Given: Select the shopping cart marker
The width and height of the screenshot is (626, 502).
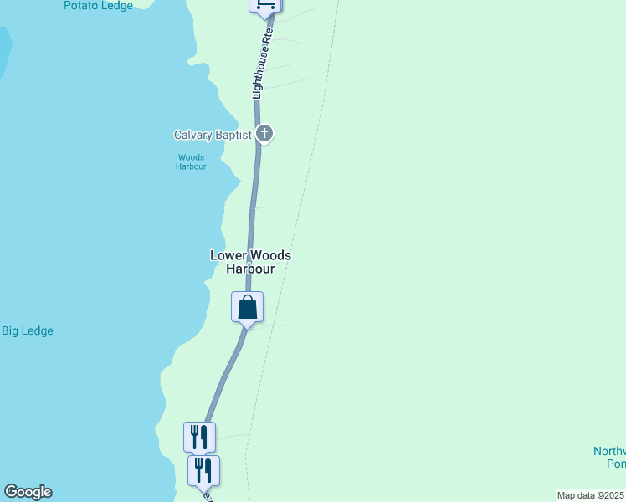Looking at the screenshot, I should click(x=264, y=5).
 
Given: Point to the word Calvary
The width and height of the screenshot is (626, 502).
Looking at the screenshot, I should click(x=192, y=135).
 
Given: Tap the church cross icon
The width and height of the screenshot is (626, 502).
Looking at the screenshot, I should click(x=264, y=133).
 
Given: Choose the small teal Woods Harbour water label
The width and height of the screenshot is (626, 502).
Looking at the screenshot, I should click(x=191, y=161).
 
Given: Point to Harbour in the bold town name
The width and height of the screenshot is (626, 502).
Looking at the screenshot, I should click(x=250, y=269).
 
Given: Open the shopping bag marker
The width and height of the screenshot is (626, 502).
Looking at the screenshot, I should click(x=248, y=307).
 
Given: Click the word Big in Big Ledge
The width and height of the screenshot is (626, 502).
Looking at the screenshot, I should click(x=11, y=331).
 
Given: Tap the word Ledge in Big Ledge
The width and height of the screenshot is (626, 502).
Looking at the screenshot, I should click(x=38, y=331).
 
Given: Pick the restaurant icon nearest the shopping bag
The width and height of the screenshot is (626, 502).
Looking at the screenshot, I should click(x=199, y=437).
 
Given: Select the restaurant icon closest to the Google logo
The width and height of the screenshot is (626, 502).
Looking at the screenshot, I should click(x=203, y=470).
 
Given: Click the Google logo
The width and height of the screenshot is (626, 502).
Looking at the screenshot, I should click(x=28, y=492).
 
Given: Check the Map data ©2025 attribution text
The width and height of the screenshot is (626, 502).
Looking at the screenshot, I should click(x=591, y=495).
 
